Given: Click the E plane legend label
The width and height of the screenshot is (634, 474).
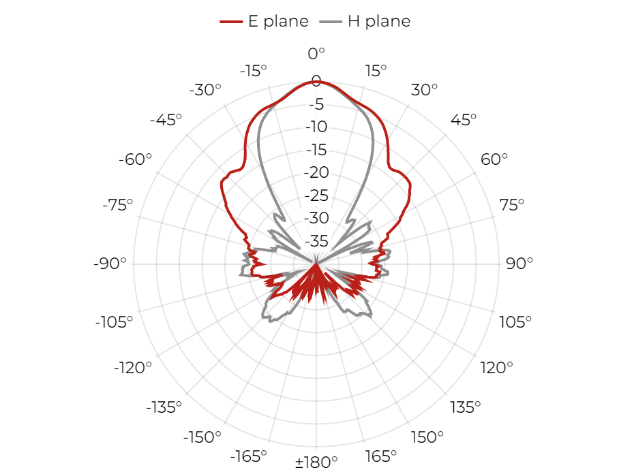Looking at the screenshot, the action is tap(278, 21).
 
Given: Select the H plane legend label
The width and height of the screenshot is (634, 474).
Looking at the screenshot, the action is tap(379, 21).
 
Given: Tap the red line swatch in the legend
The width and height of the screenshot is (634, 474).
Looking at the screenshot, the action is tap(231, 21).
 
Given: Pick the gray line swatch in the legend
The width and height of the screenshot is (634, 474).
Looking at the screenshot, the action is tap(331, 21).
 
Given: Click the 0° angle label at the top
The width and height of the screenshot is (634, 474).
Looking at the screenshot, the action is tap(316, 53).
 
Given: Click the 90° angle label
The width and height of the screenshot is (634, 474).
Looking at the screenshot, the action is tap(519, 264).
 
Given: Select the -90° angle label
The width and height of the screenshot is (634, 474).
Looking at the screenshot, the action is tap(110, 264).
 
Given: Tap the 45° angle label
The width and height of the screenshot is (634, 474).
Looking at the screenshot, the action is tap(464, 120).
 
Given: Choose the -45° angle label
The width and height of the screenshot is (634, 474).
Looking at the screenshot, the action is tap(166, 120).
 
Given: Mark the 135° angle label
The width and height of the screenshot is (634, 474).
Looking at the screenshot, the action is tap(466, 407).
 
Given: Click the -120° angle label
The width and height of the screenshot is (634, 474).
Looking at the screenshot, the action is tap(133, 368).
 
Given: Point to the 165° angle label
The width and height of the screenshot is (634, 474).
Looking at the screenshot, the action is tap(380, 456).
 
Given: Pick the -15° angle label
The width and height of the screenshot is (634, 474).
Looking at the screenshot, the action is tap(254, 71).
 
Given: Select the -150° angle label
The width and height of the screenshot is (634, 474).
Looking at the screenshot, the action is tap(202, 437).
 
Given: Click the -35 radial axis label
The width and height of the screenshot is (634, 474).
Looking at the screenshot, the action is tap(316, 241).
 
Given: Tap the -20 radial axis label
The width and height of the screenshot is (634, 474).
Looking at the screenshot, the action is tap(316, 172).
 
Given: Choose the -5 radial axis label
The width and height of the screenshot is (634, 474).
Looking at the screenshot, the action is tap(316, 104).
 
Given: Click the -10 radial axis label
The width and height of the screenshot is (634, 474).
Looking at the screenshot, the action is tap(316, 127).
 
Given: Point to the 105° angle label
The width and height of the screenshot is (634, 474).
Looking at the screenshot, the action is tap(515, 322).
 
